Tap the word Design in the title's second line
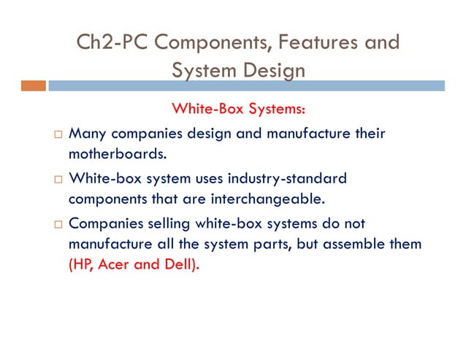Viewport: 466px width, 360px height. click(x=271, y=70)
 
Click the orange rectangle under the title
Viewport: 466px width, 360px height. click(x=33, y=86)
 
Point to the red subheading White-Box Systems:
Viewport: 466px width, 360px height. click(x=237, y=109)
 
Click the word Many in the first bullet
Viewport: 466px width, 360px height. click(x=87, y=134)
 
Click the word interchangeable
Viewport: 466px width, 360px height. click(x=262, y=198)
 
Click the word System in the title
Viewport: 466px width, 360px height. click(x=202, y=70)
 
